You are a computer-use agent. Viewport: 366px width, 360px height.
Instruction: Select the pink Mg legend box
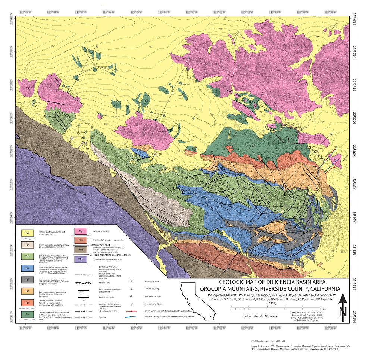click(81, 231)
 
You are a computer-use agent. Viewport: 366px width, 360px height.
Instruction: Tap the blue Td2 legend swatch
click(27, 268)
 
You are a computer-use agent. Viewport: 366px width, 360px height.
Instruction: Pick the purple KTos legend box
click(81, 259)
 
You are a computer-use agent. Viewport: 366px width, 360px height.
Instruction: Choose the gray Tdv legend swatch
click(27, 280)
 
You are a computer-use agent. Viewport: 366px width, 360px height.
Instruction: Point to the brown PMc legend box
click(81, 249)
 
